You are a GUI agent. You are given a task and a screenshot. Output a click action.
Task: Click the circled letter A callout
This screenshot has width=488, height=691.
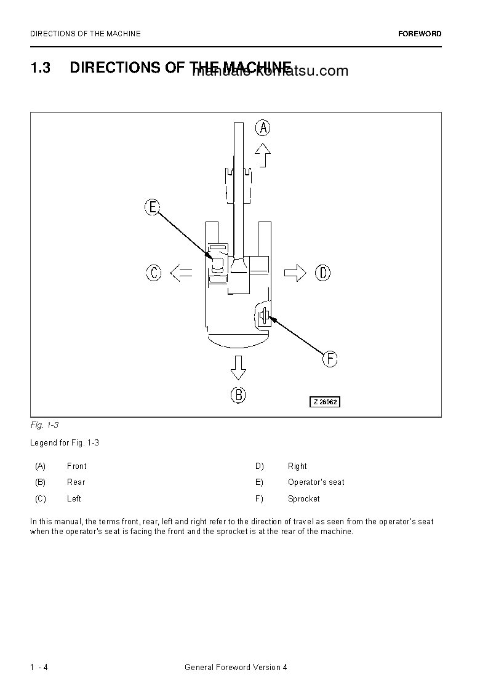click(x=263, y=127)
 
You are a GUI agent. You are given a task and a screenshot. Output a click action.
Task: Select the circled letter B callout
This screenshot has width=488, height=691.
click(x=238, y=394)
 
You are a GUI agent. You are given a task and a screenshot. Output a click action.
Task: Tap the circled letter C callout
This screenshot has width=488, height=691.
click(x=154, y=273)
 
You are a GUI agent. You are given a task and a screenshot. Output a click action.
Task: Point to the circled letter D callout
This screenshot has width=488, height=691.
click(x=323, y=273)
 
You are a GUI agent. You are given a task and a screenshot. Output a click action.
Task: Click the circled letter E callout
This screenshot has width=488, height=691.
click(x=152, y=207)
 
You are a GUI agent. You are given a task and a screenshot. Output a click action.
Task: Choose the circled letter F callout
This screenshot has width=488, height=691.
click(x=330, y=359)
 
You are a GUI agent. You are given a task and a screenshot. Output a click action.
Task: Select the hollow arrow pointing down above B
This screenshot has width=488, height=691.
click(x=238, y=367)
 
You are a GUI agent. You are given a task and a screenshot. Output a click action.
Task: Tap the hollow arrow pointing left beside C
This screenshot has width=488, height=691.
click(x=180, y=273)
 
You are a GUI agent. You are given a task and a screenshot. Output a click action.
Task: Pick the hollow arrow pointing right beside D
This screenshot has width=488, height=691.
click(x=295, y=273)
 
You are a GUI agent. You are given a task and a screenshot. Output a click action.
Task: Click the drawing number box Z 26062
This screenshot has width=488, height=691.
click(x=324, y=402)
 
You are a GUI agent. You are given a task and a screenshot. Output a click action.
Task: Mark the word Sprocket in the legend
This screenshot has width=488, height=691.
click(x=303, y=498)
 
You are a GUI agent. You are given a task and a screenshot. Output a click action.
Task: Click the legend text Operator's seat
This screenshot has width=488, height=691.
click(x=316, y=482)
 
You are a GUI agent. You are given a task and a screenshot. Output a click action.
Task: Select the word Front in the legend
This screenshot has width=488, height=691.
click(x=76, y=466)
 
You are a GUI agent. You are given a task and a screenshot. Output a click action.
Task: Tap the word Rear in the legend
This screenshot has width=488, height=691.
click(x=76, y=482)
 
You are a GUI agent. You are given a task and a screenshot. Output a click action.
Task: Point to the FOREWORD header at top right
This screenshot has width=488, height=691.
click(x=420, y=34)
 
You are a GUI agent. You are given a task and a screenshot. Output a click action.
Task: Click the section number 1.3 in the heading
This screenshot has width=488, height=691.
click(x=40, y=68)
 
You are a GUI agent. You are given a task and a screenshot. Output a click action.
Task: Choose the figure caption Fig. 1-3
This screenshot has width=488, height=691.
click(x=44, y=425)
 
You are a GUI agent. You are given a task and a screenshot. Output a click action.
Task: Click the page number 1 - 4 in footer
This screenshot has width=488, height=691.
click(x=39, y=668)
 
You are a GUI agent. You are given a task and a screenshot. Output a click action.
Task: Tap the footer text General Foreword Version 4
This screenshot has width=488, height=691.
click(x=236, y=668)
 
